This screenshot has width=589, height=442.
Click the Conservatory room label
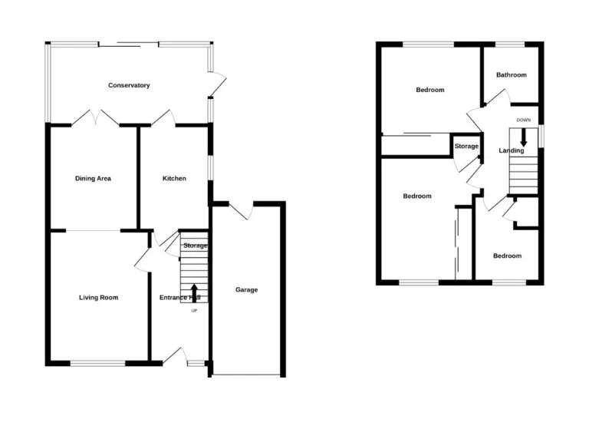pos(129,85)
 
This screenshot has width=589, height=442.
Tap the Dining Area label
pos(93,179)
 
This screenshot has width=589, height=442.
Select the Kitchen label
pos(174,179)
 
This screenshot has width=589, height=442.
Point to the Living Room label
pos(99,297)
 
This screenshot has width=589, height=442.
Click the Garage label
pos(246,290)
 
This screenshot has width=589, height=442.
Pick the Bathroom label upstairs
pos(512,75)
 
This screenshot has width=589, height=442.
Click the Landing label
pos(512,150)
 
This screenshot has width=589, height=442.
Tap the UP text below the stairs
pos(193,311)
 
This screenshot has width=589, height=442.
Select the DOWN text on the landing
pos(524,120)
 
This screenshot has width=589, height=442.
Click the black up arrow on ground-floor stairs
pos(193,292)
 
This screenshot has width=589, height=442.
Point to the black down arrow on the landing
pos(524,137)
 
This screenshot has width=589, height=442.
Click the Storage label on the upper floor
pos(466,146)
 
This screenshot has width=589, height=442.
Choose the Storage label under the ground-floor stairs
pos(195,246)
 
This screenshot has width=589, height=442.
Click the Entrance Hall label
pos(179,298)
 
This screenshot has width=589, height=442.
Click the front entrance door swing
pos(175,355)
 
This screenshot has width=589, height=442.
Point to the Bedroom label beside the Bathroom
pos(429,90)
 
